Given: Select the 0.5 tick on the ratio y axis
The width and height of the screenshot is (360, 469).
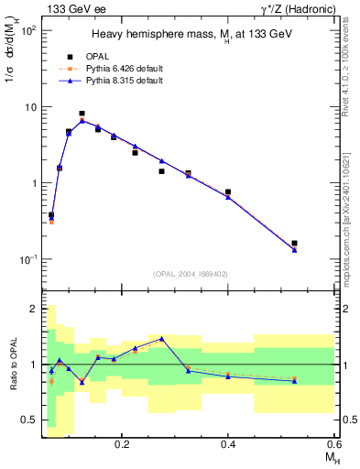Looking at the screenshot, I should (29, 420).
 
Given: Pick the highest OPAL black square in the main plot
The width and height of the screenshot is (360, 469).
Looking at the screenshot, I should (108, 114).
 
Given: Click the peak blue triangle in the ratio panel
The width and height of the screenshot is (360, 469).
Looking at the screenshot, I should (162, 338).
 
